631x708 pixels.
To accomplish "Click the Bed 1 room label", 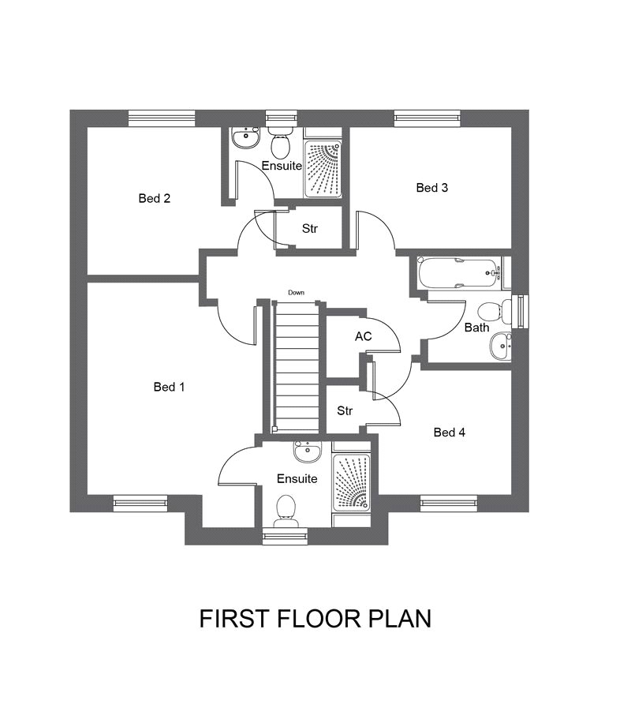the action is [x=169, y=387].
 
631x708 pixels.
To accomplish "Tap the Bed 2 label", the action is [x=155, y=198].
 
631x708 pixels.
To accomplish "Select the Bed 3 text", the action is [x=432, y=187].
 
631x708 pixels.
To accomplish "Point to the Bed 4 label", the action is [x=449, y=432].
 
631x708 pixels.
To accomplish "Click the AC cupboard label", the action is [x=364, y=336].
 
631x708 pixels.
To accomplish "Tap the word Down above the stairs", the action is [x=296, y=293].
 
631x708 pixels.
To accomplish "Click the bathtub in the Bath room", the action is [x=460, y=273].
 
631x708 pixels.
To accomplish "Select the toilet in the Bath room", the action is [x=495, y=312].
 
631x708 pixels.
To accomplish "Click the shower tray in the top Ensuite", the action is [x=323, y=170].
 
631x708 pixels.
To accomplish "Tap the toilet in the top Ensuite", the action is [x=281, y=140].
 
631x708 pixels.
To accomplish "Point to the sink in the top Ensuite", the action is [x=246, y=137].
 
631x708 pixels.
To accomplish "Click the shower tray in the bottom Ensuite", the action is [x=351, y=482].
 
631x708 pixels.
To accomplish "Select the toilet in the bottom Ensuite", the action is [x=286, y=511].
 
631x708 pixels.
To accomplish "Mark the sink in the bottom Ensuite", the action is [x=308, y=451].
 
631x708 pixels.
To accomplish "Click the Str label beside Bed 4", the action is [x=345, y=411].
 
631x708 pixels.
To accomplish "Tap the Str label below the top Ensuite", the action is [x=310, y=228].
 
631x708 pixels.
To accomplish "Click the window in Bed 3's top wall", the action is [x=428, y=118].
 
